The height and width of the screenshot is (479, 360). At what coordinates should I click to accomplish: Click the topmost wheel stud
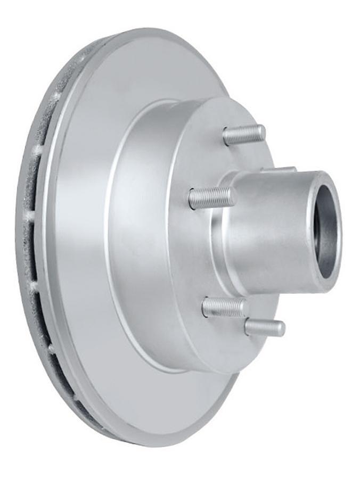(x=244, y=135)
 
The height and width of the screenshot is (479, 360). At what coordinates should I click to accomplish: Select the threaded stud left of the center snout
(x=211, y=198)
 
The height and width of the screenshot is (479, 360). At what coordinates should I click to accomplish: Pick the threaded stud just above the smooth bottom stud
(x=225, y=307)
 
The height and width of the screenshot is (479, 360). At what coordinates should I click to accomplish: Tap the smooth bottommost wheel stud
(x=265, y=327)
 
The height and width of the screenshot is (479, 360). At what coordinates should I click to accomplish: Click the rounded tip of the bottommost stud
(x=282, y=328)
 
